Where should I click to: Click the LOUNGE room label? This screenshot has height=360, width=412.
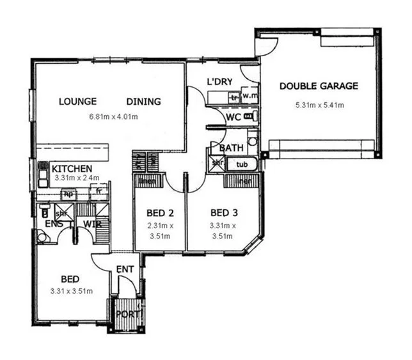click(x=77, y=101)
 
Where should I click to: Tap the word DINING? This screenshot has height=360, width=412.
click(x=143, y=101)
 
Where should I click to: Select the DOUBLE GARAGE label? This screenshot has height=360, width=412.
click(x=319, y=86)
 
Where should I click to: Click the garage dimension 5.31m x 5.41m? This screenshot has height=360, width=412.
click(x=319, y=105)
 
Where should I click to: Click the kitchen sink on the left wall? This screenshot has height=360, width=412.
click(x=43, y=173)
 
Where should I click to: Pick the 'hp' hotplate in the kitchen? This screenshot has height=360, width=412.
click(x=68, y=192)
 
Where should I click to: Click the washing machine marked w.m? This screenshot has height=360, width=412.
click(x=249, y=97)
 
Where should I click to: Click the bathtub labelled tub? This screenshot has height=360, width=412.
click(x=242, y=165)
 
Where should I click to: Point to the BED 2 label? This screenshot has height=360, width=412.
click(x=159, y=212)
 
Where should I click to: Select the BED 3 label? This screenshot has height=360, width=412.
click(x=224, y=212)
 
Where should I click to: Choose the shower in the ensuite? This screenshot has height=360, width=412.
click(x=62, y=214)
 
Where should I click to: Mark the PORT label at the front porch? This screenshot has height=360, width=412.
click(x=126, y=314)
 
